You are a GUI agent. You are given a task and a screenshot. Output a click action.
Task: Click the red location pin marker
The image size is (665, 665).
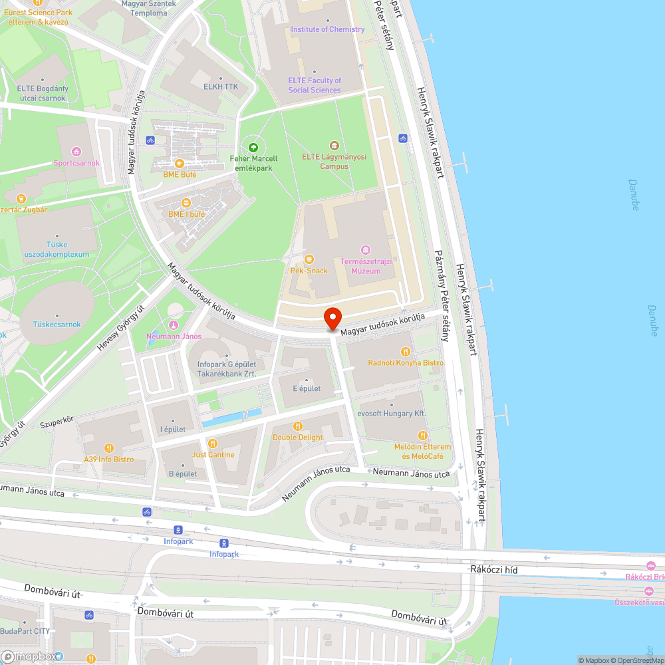[x=332, y=319]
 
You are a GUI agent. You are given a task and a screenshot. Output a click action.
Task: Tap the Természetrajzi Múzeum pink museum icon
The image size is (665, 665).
[x=365, y=250]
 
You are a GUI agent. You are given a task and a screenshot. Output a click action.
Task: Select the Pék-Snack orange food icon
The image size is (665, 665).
[x=309, y=259]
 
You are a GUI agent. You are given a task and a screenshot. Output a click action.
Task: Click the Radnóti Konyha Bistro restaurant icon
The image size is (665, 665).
[x=405, y=351]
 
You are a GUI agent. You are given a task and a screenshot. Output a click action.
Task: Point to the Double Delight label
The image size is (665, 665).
[x=297, y=438]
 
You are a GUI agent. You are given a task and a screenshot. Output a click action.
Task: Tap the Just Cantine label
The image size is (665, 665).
[x=213, y=455]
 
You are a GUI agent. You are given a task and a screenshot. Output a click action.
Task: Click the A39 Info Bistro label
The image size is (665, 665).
[x=108, y=460]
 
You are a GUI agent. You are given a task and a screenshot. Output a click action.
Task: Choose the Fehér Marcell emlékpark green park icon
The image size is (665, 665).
[x=253, y=147]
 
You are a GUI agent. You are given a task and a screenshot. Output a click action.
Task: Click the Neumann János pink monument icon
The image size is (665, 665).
[x=174, y=325]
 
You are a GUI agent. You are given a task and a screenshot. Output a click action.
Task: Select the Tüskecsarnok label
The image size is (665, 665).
[x=57, y=325]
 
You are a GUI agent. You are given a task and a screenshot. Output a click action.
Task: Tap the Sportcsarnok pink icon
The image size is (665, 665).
[x=76, y=152]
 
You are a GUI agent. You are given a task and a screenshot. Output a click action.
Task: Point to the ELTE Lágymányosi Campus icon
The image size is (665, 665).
[x=334, y=146]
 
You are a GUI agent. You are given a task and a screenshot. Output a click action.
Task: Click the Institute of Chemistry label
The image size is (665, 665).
[x=327, y=29]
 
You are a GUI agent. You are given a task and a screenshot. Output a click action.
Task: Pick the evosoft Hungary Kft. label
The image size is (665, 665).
[x=391, y=414]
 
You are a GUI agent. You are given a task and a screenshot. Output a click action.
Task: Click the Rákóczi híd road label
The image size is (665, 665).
[x=493, y=570]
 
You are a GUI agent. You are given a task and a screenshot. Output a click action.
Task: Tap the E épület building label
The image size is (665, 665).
[x=307, y=388]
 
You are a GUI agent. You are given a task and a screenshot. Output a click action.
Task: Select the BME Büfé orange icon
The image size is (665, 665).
[x=179, y=163]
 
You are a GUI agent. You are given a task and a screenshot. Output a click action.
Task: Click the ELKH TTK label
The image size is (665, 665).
[x=221, y=87]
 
